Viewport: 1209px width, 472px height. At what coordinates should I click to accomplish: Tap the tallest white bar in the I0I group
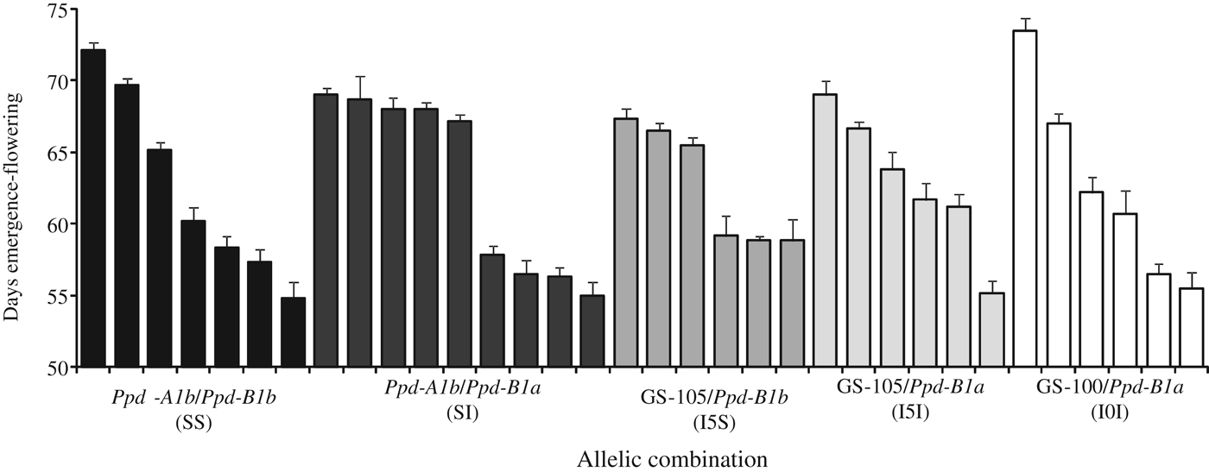point(1024,198)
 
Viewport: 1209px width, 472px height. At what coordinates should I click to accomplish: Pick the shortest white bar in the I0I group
point(1192,328)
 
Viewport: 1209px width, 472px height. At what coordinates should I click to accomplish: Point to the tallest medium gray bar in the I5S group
point(626,242)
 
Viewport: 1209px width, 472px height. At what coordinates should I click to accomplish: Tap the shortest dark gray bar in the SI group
point(592,331)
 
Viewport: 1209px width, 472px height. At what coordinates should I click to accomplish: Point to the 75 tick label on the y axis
point(58,9)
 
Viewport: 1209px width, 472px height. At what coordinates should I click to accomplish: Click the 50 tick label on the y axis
point(58,368)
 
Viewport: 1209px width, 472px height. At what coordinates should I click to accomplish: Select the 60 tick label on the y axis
point(58,224)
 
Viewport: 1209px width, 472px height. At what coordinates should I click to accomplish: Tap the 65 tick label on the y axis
point(58,153)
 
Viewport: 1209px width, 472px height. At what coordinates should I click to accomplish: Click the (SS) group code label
point(193,424)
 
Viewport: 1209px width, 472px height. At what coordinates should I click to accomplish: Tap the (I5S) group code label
point(714,424)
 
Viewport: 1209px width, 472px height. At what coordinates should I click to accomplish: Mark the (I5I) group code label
point(911,412)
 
